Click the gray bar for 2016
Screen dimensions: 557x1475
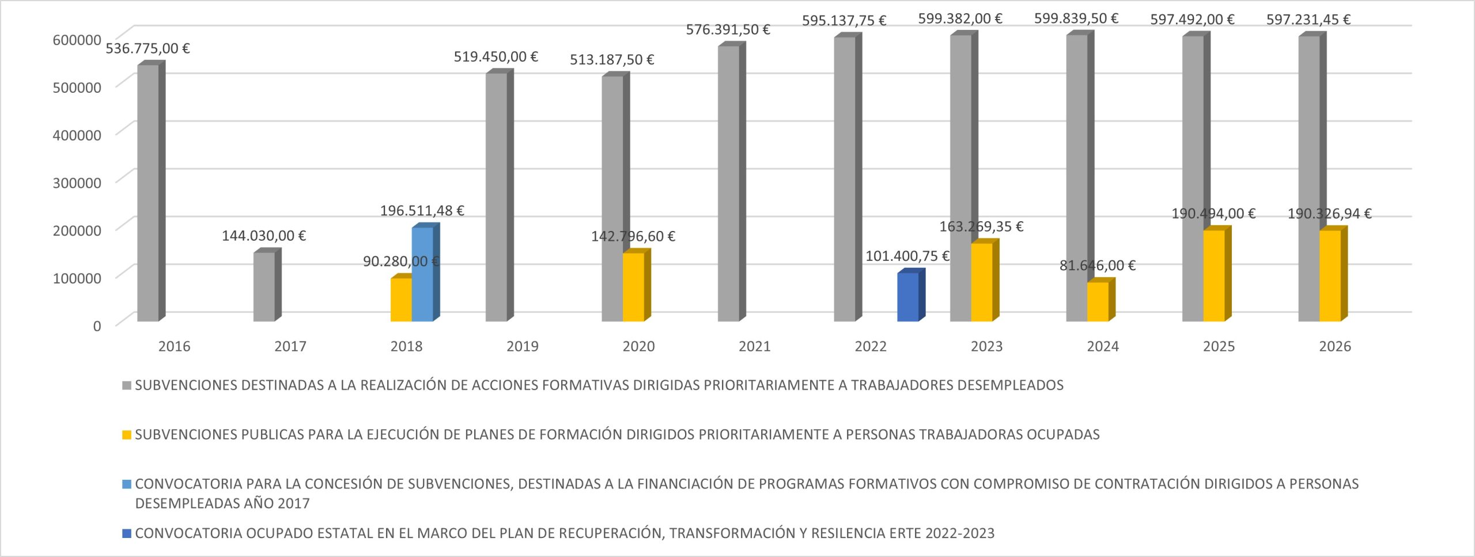(147, 193)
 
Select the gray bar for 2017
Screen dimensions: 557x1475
(264, 287)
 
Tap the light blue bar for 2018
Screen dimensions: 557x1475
(422, 274)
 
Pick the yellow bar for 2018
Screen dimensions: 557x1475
(401, 300)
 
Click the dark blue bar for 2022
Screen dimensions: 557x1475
(907, 297)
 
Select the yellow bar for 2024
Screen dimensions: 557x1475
(1098, 302)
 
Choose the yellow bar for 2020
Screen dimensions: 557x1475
(633, 287)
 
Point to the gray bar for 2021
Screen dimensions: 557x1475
(728, 183)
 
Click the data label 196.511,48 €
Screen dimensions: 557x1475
(422, 211)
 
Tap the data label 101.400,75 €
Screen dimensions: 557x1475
(907, 256)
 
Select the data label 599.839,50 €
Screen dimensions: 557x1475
(1076, 18)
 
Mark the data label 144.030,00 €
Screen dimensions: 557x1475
(264, 236)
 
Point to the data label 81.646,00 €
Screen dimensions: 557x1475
(1097, 266)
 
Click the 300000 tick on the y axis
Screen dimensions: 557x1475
(77, 183)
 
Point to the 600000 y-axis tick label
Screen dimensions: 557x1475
(77, 40)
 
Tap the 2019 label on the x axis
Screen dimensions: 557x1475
(523, 347)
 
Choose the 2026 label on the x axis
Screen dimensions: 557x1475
(1335, 347)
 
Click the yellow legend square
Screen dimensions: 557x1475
(127, 435)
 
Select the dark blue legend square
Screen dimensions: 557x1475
(127, 534)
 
